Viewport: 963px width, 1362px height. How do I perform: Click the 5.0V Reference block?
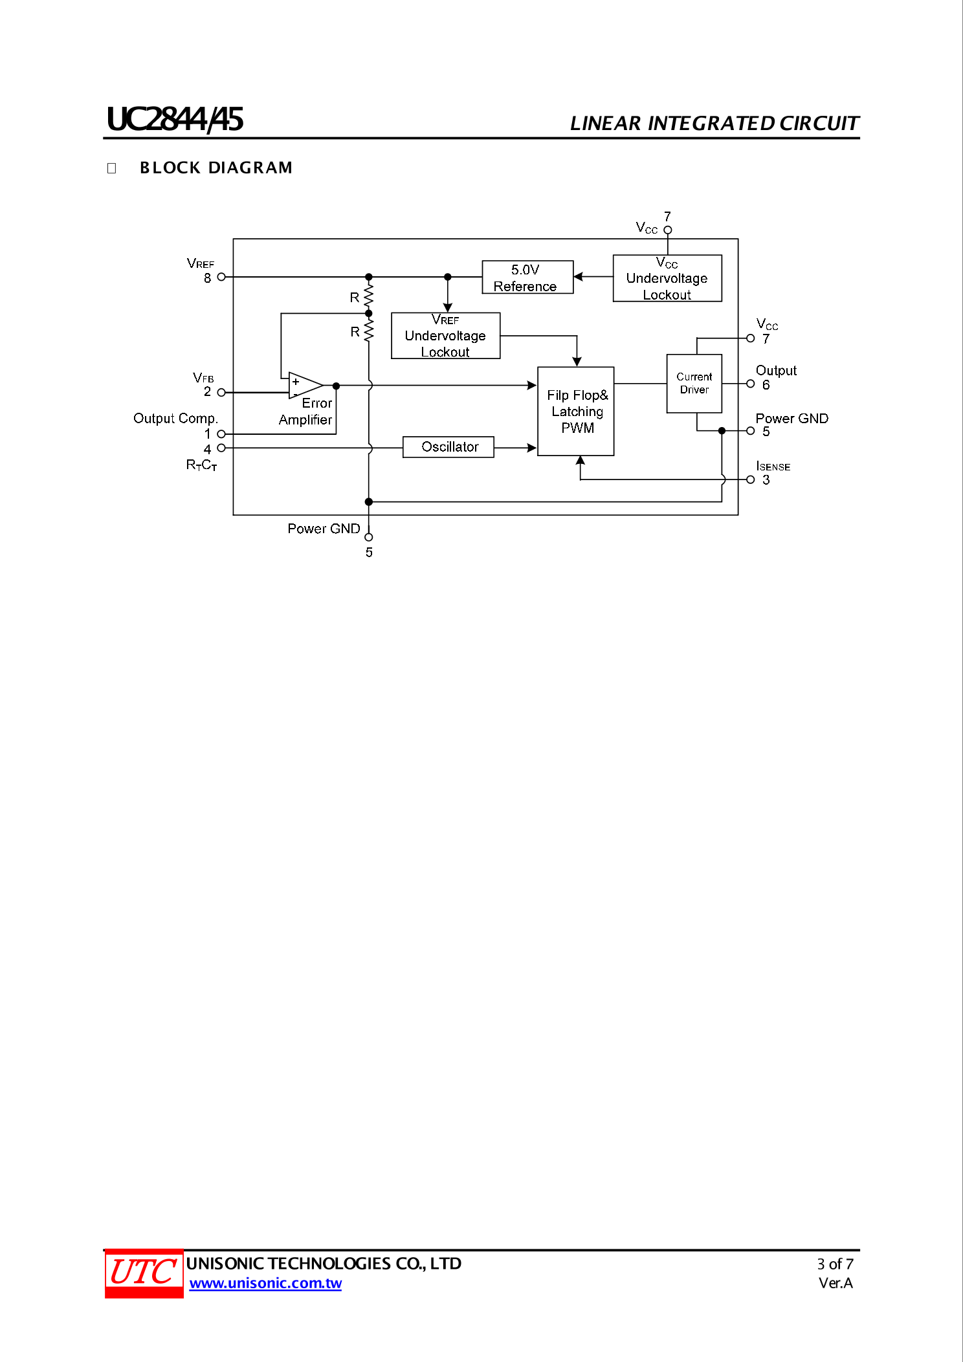[527, 278]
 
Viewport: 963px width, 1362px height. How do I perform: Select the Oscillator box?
[448, 447]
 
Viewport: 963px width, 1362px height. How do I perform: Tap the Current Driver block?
[694, 383]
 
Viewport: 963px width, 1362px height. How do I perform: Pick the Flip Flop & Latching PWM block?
[575, 412]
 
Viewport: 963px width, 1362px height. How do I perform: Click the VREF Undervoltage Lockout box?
[445, 336]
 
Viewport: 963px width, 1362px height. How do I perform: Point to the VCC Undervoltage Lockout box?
[667, 278]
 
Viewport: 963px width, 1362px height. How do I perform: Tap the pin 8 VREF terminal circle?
[221, 277]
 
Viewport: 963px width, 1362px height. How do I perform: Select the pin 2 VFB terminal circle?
[221, 392]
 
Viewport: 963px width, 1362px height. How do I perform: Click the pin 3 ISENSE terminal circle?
[751, 479]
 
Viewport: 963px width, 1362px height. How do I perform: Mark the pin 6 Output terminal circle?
[751, 384]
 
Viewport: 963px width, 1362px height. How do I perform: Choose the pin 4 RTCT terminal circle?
[221, 448]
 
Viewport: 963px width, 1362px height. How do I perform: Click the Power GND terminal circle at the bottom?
[369, 537]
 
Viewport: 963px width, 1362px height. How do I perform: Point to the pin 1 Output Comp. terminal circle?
[221, 434]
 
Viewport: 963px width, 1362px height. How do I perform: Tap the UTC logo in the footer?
[144, 1273]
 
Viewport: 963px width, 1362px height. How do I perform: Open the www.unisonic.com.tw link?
[265, 1283]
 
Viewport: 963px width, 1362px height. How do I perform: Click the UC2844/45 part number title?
[175, 120]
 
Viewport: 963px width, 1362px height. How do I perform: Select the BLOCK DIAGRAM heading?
[216, 168]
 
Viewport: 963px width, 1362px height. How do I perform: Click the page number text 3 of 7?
[835, 1264]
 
